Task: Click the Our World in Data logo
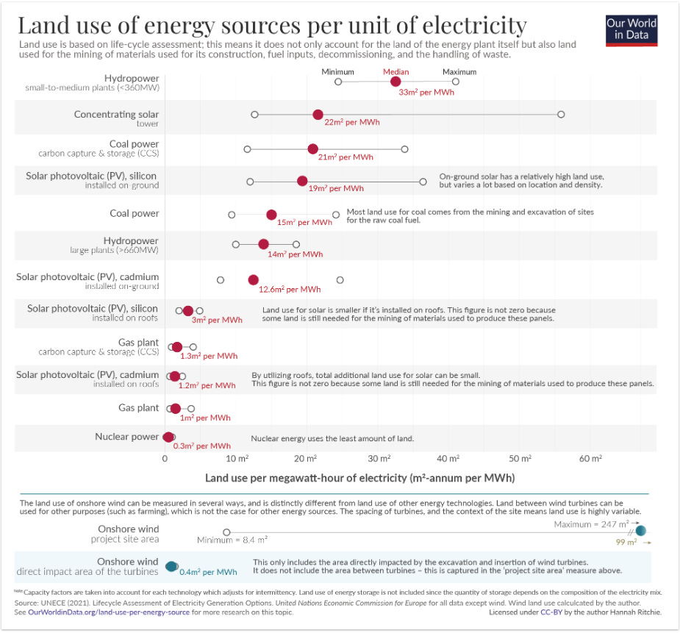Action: point(631,29)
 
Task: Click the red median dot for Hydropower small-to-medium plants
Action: point(396,82)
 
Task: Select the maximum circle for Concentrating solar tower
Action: point(561,115)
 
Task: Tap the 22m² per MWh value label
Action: point(352,123)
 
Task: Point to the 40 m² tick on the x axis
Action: point(448,459)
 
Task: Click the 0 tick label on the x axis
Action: point(165,459)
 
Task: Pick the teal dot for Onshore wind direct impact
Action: point(172,566)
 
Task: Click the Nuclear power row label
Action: point(126,437)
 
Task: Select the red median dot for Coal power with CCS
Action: point(312,149)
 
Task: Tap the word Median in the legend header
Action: point(396,72)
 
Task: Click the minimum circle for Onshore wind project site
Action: point(226,532)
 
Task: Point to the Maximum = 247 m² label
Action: point(591,524)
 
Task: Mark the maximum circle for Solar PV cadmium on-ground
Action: point(340,280)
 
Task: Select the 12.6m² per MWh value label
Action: point(290,290)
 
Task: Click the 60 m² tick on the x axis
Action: point(590,459)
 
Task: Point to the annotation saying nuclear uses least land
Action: point(332,439)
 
